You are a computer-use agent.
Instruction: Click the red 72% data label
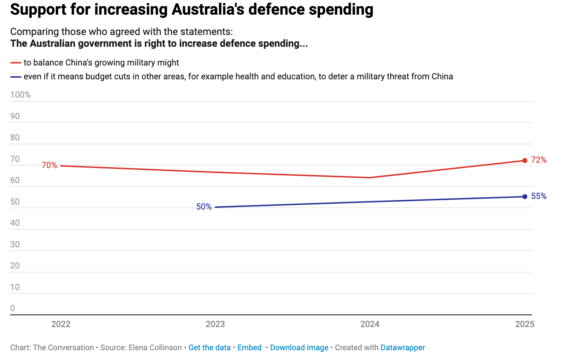[539, 160]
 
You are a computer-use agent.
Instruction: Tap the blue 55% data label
[539, 196]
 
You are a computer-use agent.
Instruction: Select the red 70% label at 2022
[49, 165]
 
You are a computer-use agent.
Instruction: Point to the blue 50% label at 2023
[204, 207]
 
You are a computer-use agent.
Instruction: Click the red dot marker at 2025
[525, 161]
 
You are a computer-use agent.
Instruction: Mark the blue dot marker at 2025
[525, 197]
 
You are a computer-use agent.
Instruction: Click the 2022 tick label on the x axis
[61, 324]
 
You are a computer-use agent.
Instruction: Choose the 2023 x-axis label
[215, 324]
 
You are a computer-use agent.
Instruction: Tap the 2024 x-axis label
[370, 324]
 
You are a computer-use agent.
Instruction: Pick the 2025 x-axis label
[524, 324]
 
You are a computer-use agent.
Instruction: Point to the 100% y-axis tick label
[20, 95]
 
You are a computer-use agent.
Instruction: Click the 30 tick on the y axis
[15, 244]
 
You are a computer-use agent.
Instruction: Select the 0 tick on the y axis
[13, 308]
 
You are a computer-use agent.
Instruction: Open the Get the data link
[209, 348]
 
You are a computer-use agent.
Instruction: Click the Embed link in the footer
[249, 348]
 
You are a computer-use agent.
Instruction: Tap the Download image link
[299, 348]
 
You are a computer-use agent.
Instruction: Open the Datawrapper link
[402, 348]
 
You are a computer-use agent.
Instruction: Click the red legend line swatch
[16, 63]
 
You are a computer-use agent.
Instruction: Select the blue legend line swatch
[16, 77]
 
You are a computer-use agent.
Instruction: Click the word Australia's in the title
[207, 9]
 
